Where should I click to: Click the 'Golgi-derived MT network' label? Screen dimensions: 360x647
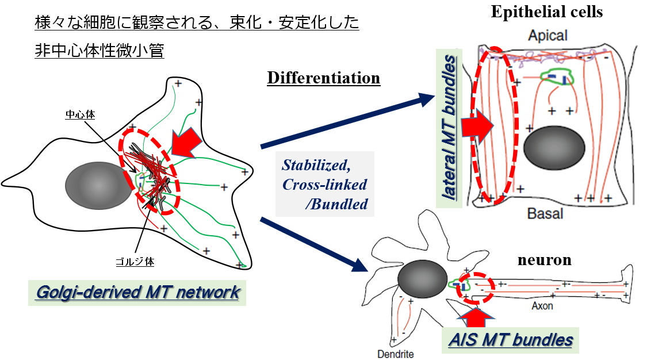137,292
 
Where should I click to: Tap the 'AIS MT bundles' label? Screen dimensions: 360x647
511,339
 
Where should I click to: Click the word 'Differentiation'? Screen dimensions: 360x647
323,78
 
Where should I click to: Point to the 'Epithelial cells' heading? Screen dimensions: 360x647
546,12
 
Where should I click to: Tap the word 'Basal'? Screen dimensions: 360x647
545,214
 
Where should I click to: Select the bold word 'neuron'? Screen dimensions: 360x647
544,260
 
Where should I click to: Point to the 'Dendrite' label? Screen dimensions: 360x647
395,354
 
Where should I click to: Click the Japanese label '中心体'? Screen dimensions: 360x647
79,115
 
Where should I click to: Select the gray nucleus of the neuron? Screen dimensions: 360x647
423,279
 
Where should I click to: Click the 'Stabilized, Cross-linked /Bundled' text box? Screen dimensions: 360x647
325,184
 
